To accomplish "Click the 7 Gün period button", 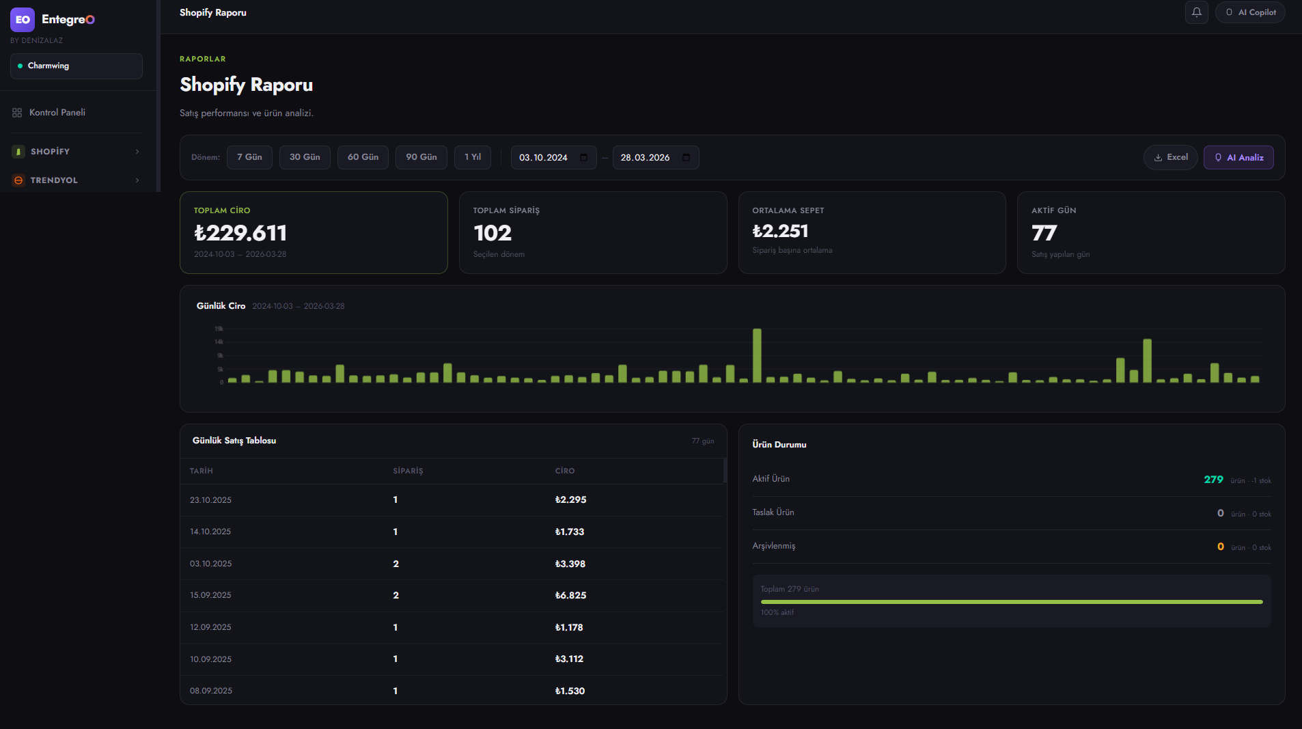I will [249, 157].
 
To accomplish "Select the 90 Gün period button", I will [421, 157].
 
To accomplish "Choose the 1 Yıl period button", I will [473, 157].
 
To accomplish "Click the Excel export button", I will [1170, 157].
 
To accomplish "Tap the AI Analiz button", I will [1238, 157].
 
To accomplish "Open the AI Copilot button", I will [1249, 12].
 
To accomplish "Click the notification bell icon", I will [1196, 12].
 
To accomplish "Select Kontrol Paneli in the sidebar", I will [57, 113].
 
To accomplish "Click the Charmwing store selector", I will [76, 66].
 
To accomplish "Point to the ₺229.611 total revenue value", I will [240, 233].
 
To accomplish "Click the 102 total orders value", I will [493, 233].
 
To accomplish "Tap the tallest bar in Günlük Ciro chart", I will [757, 355].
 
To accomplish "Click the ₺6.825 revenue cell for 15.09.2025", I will [570, 595].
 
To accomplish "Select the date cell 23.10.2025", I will [210, 500].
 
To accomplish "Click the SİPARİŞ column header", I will [408, 471].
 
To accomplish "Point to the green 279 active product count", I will [1213, 480].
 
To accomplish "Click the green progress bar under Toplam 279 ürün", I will [1011, 602].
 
